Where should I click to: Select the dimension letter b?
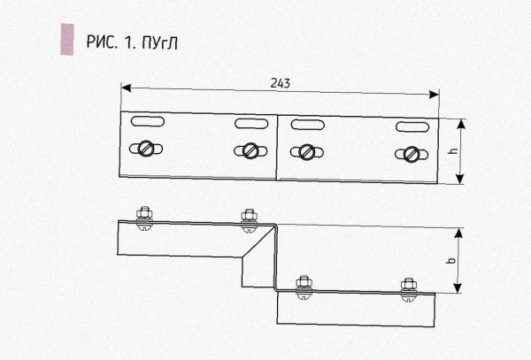451,262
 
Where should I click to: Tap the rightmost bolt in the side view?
408,287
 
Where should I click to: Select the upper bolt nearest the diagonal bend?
249,218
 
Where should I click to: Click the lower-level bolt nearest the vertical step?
304,287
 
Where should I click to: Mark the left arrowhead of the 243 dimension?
125,88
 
